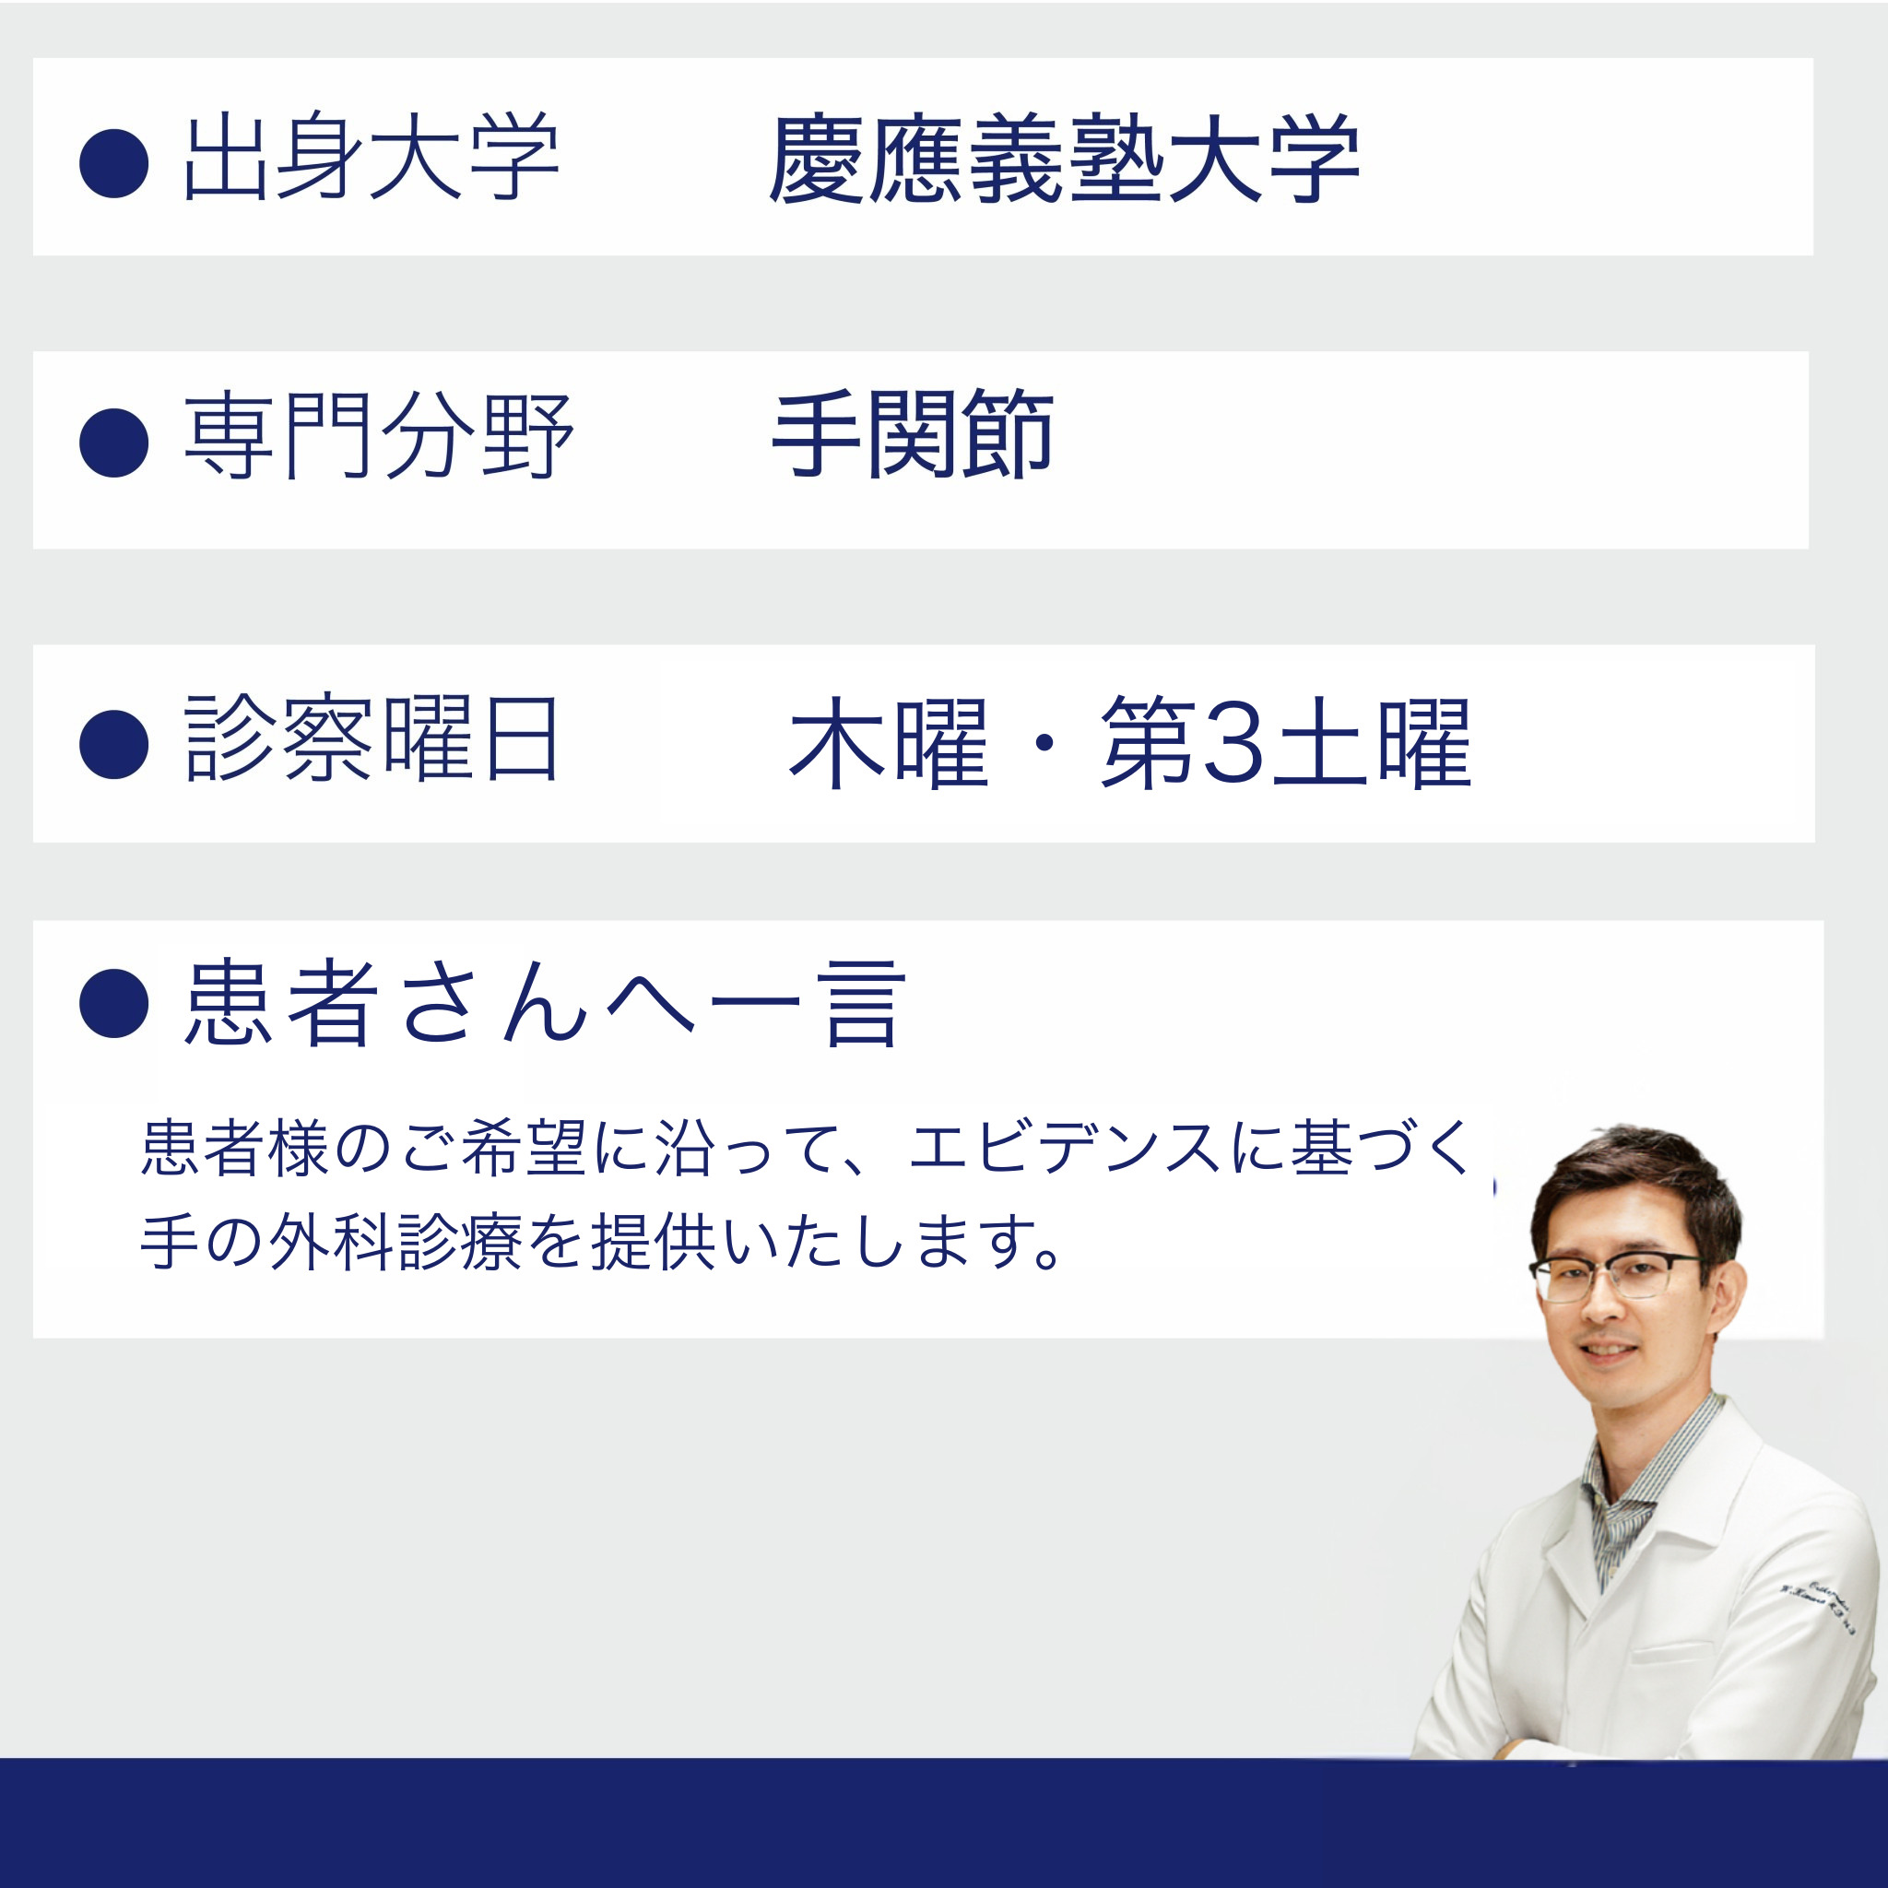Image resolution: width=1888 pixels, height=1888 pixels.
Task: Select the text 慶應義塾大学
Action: tap(1064, 159)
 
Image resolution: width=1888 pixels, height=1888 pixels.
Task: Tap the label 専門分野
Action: tap(378, 436)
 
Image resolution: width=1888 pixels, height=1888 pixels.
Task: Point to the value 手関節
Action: tap(913, 435)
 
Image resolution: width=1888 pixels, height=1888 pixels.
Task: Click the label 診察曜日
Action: tap(372, 738)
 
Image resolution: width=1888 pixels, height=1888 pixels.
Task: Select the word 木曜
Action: tap(889, 743)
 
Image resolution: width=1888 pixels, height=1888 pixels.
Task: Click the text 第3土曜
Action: tap(1285, 743)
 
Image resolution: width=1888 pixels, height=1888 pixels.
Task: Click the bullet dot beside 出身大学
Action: tap(114, 163)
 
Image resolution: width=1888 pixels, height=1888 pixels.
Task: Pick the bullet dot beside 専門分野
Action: tap(114, 442)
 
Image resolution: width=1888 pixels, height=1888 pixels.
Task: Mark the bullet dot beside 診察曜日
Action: tap(114, 745)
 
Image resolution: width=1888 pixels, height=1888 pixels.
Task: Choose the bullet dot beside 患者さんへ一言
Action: tap(114, 1003)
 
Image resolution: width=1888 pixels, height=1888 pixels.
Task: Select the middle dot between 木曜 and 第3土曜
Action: tap(1044, 744)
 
